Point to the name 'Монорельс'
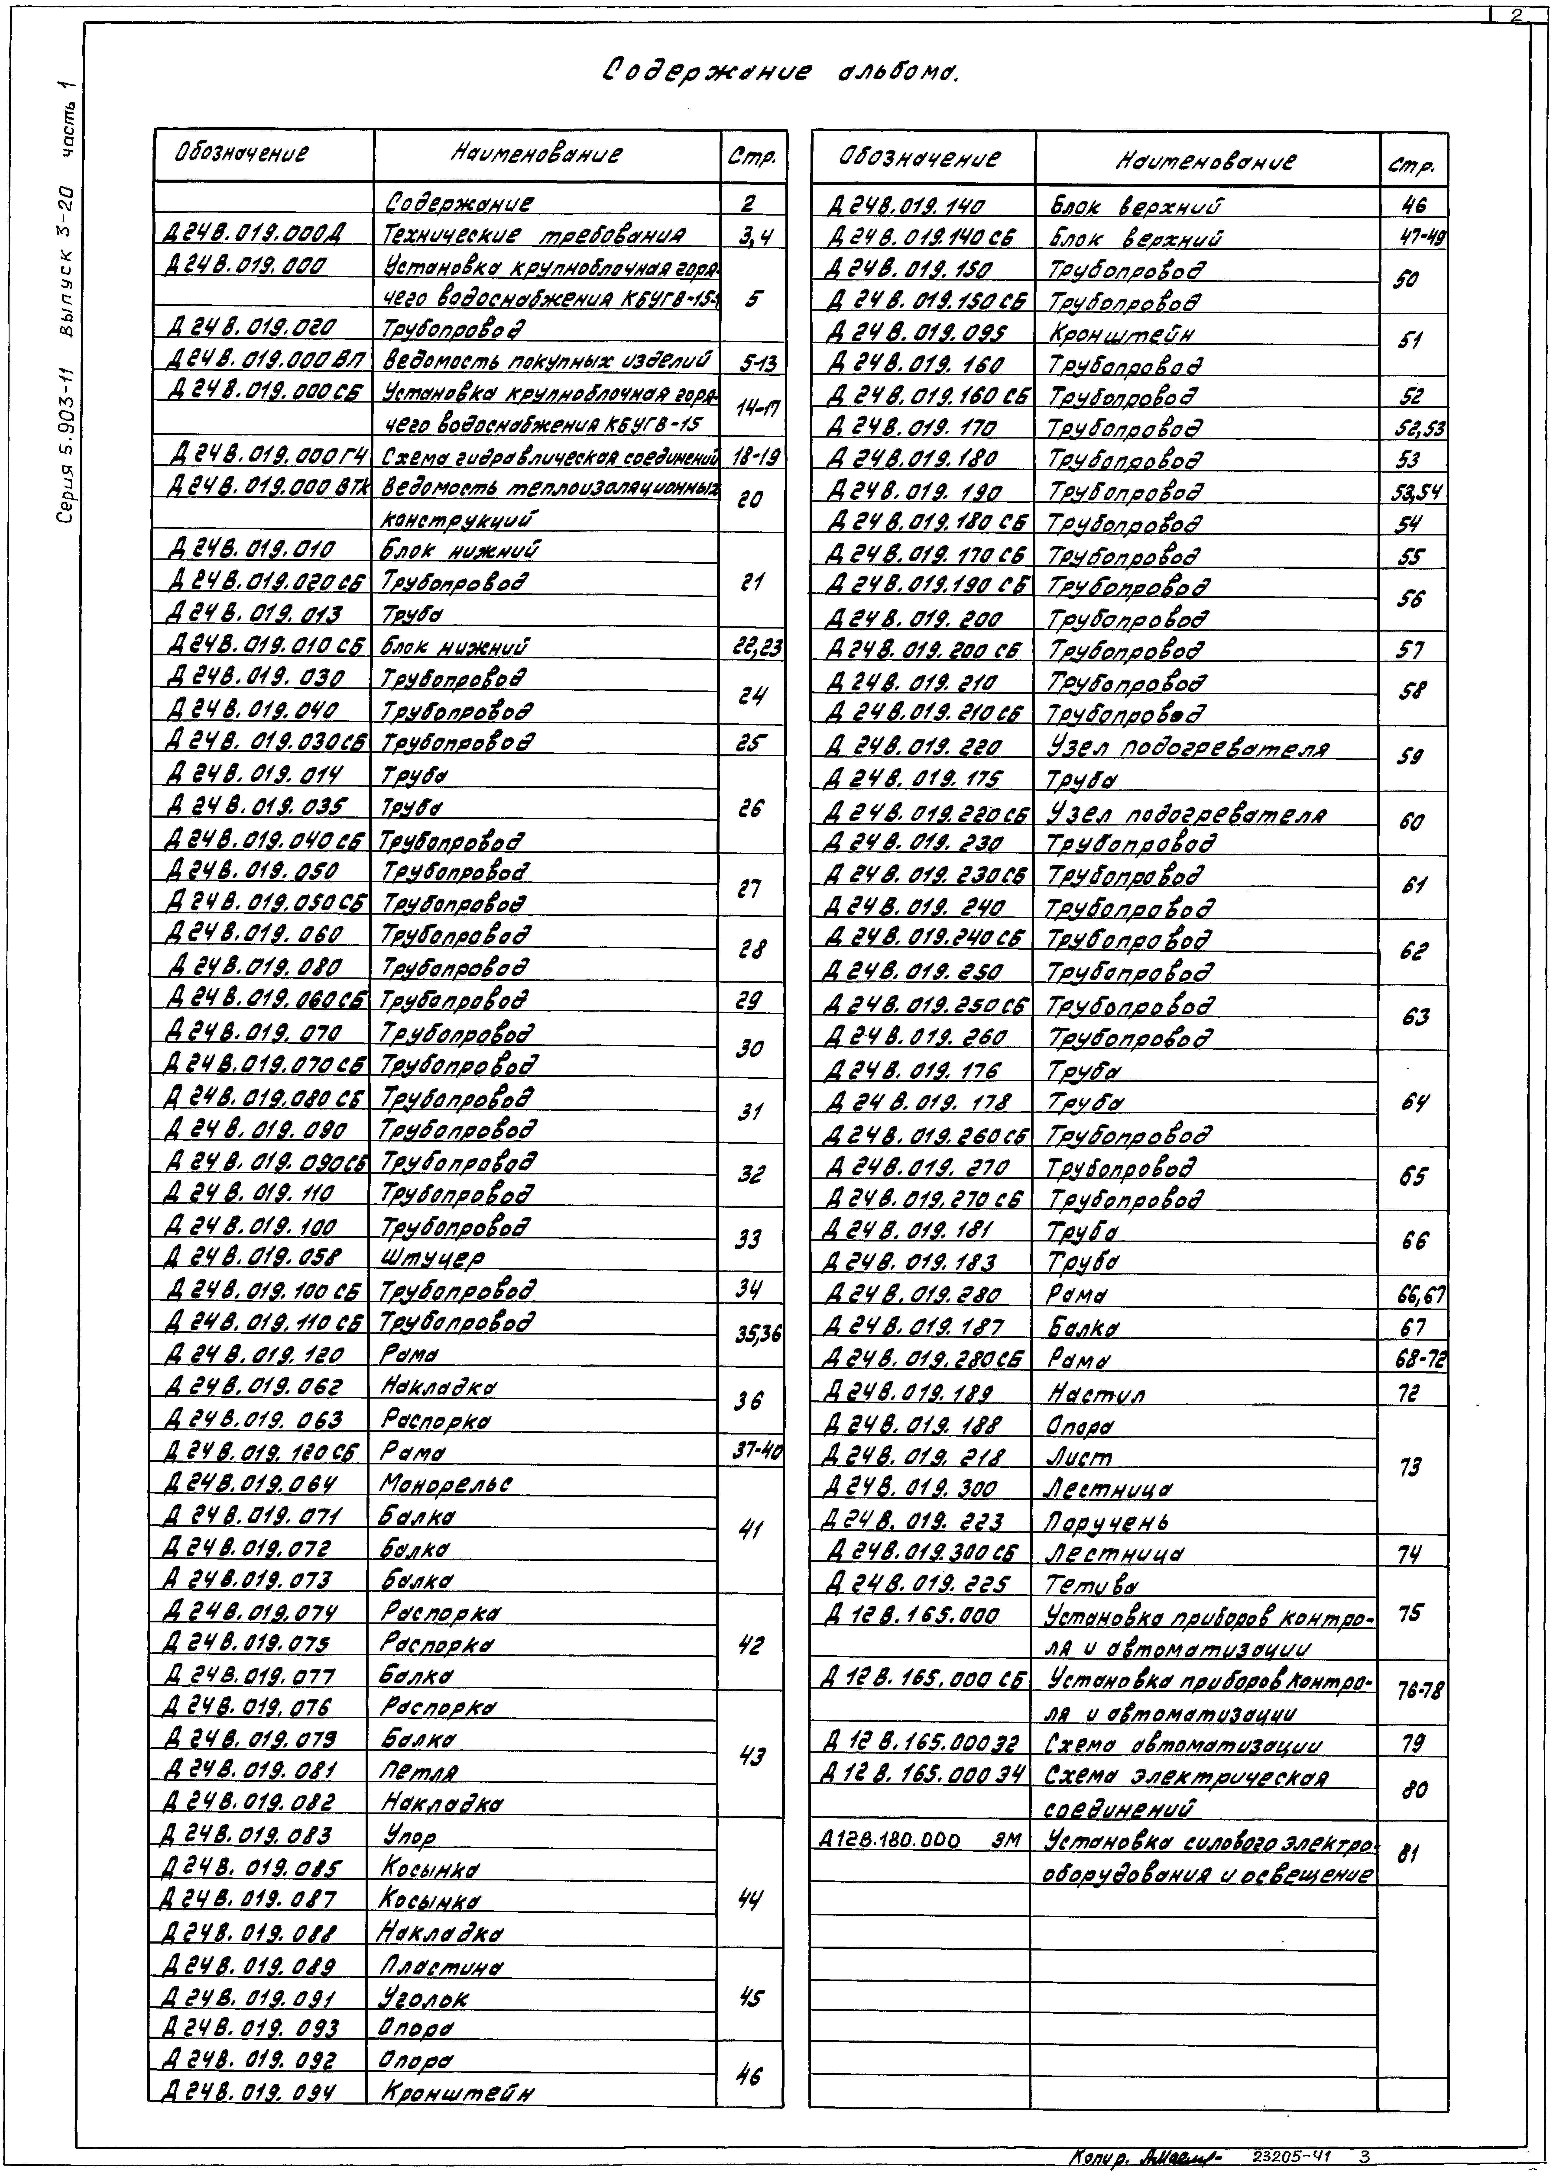446,1485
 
